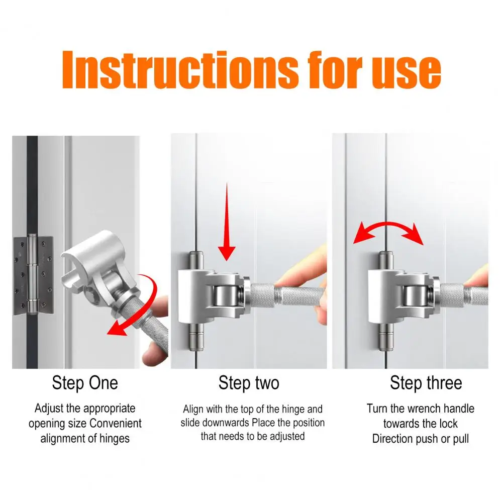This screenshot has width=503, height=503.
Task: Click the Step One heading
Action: tap(85, 383)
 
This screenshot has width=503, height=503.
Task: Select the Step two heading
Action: tap(249, 383)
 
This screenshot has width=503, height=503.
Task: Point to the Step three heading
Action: tap(426, 383)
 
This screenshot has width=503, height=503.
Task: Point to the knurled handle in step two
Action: tap(281, 296)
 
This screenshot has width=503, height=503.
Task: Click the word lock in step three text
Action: tap(447, 424)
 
